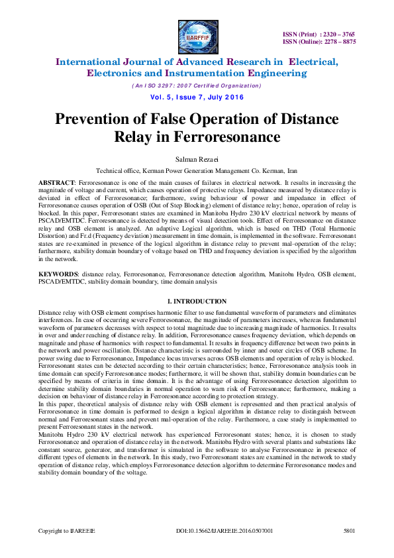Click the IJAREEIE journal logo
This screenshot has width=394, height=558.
click(x=197, y=35)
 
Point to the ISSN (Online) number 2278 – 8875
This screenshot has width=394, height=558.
click(x=338, y=41)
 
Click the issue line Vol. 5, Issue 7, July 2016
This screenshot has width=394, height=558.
click(x=197, y=97)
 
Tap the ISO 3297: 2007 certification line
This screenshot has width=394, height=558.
click(x=197, y=85)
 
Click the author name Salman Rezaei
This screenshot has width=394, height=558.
click(x=197, y=158)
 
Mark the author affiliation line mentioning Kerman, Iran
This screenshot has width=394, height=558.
click(x=197, y=170)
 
